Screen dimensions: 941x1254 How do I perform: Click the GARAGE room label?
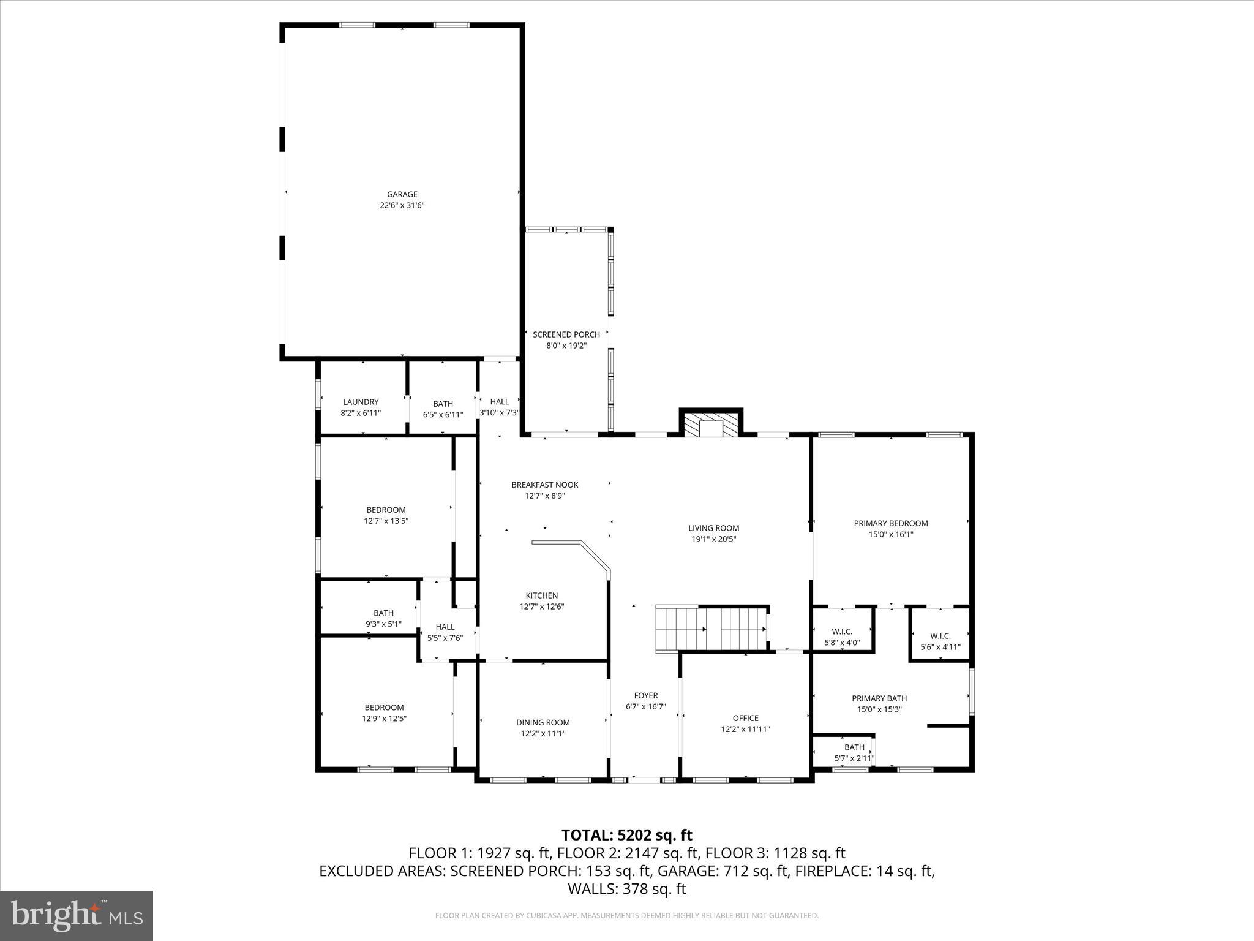pos(402,195)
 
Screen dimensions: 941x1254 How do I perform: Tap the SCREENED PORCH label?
pos(566,334)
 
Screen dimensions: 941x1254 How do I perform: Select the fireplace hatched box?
pos(711,426)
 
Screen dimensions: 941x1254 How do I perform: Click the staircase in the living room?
pos(710,629)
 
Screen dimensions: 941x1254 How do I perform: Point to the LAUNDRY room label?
pos(361,402)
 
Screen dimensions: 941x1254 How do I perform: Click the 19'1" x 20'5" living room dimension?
pos(713,539)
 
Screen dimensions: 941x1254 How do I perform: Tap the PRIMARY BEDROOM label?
pos(890,523)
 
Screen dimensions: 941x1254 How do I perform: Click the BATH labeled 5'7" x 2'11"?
pos(854,752)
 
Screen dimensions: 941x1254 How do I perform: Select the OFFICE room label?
pos(745,718)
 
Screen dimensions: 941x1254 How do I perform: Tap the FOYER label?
pos(645,695)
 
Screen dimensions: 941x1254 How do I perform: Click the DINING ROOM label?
pos(543,722)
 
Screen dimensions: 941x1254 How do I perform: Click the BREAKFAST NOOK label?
pos(544,485)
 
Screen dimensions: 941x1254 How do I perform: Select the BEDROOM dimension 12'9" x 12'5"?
pos(384,719)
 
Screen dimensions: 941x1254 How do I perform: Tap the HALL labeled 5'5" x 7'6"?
pos(445,632)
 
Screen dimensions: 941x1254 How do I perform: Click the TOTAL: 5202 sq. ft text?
pos(626,835)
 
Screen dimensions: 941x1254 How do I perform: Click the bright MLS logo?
pos(77,916)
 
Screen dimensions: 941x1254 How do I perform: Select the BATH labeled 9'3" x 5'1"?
pos(383,618)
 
